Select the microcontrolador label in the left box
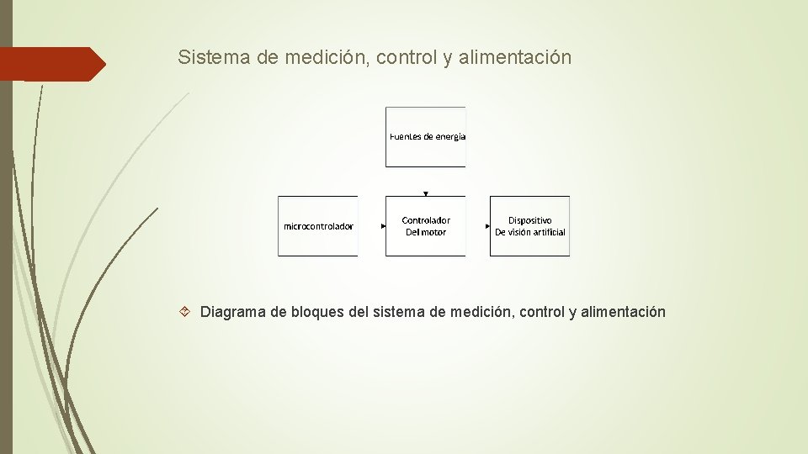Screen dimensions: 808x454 [318, 226]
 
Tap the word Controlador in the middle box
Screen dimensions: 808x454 [426, 220]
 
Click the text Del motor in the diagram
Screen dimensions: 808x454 [426, 232]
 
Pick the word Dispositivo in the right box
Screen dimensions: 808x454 [530, 220]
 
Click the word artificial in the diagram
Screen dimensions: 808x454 [547, 232]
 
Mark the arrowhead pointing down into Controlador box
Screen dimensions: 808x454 [426, 193]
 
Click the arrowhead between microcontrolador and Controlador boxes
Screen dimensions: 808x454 [383, 226]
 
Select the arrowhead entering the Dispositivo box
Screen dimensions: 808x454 [487, 226]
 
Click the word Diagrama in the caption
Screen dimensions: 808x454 [232, 313]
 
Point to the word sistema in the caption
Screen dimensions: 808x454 [398, 313]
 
